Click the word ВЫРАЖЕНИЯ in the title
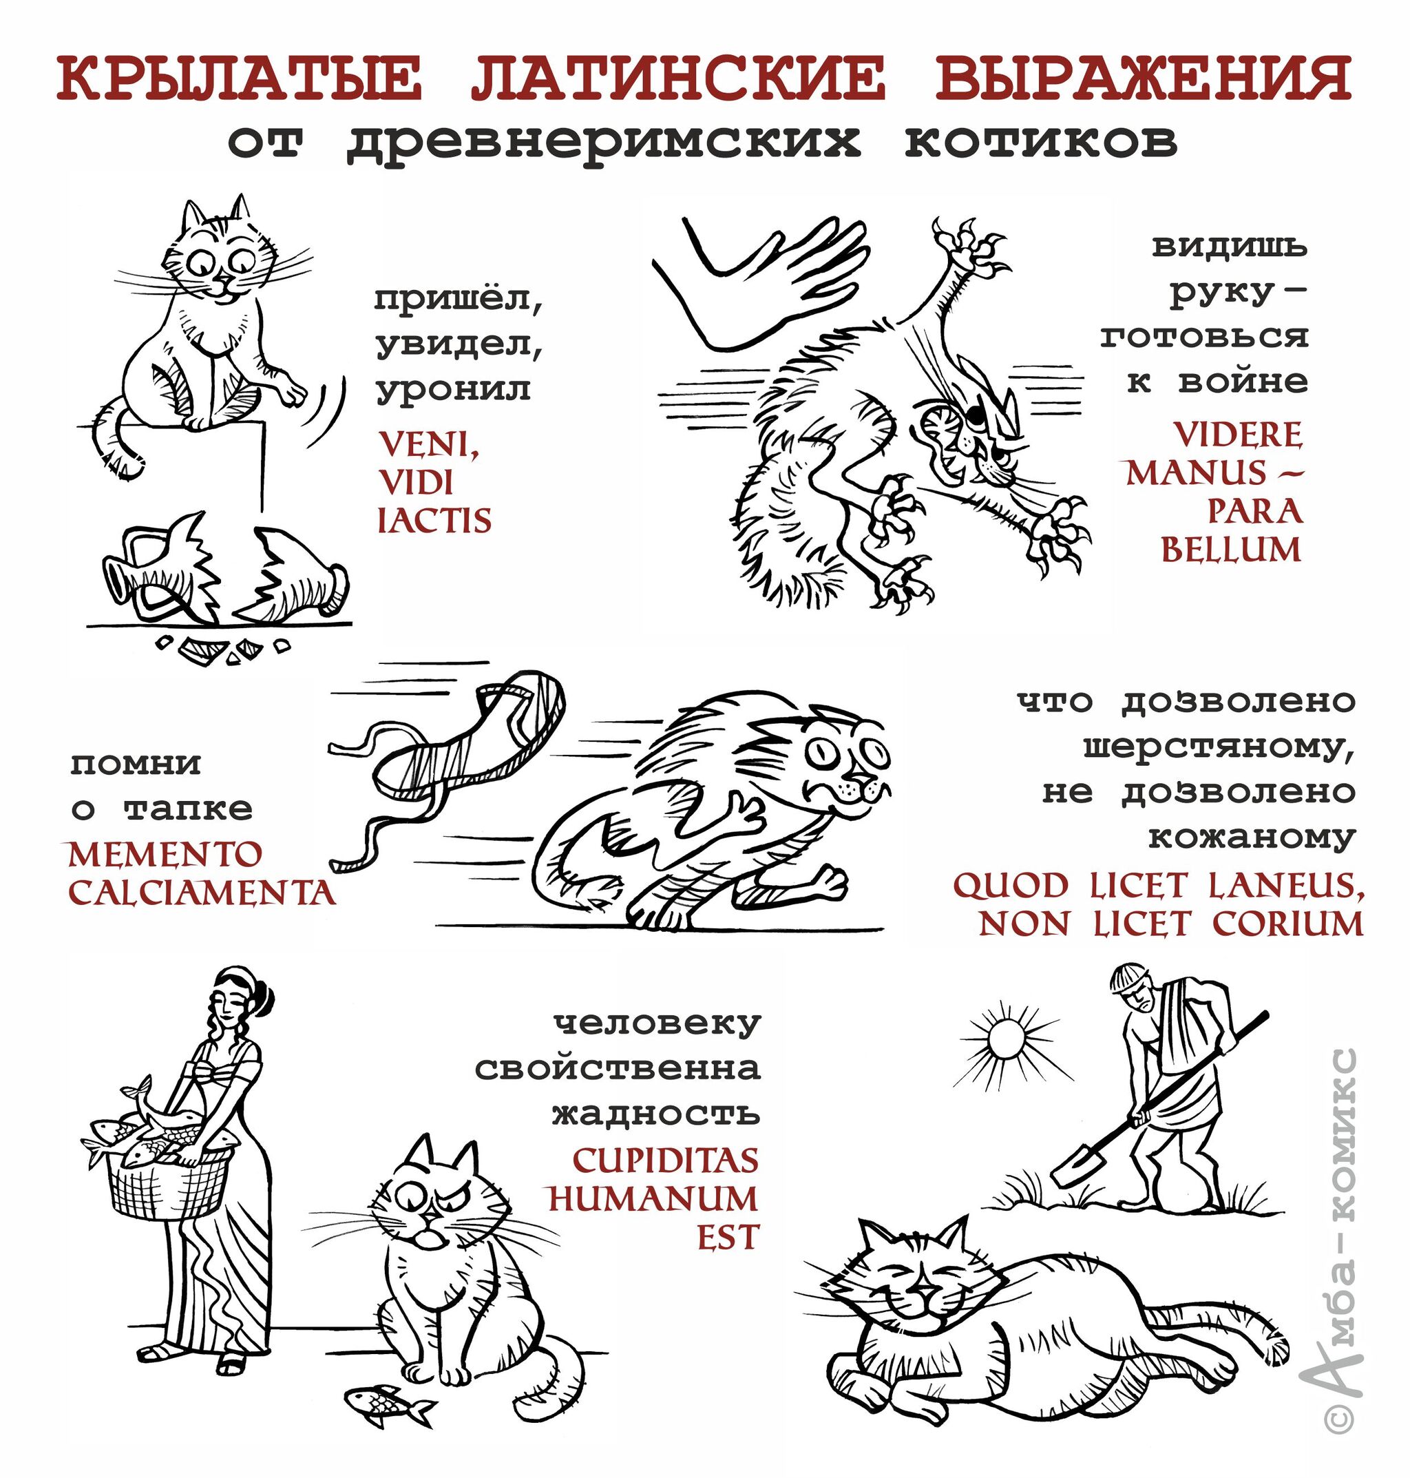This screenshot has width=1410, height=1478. tap(1143, 79)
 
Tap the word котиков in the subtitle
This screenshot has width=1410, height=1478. tap(1041, 140)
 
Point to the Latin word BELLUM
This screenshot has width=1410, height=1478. tap(1231, 550)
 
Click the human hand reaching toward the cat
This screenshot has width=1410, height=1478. tap(759, 282)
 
